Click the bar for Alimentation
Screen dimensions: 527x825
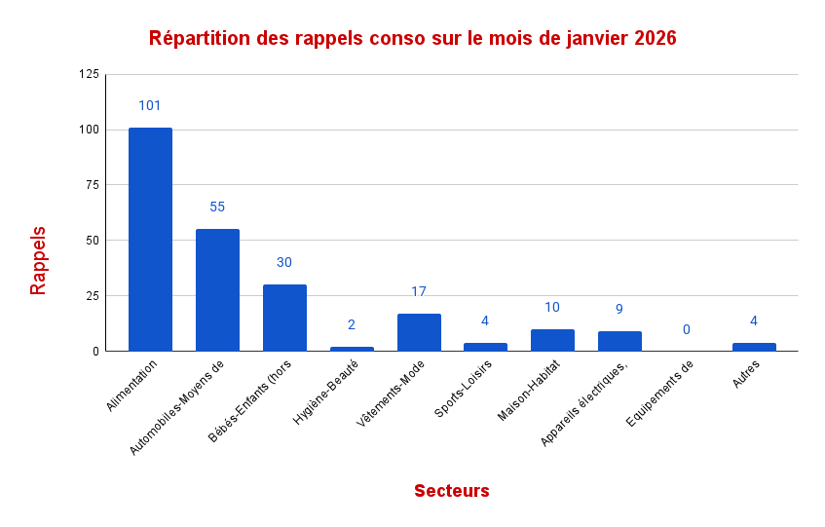click(x=150, y=239)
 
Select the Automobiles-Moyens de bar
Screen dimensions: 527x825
click(x=217, y=289)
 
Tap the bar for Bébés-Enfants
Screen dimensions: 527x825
click(x=284, y=318)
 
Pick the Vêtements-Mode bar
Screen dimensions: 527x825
click(x=419, y=332)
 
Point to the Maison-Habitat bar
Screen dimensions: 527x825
click(x=552, y=340)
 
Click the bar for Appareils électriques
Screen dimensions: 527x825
click(x=619, y=341)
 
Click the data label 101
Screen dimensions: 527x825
click(x=150, y=105)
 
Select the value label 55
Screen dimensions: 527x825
click(x=217, y=207)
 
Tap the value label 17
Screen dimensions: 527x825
click(x=419, y=291)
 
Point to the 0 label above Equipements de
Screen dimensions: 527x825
click(x=686, y=329)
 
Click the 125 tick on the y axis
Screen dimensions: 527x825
click(x=89, y=74)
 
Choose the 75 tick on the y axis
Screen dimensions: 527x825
click(x=92, y=185)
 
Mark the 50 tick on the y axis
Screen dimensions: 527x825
click(x=92, y=241)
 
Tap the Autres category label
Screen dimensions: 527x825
click(x=747, y=375)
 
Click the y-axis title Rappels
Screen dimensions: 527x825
click(x=38, y=261)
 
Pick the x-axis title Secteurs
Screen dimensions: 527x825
click(x=451, y=491)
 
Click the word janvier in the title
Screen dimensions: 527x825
click(x=593, y=39)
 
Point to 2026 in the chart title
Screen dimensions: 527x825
click(x=655, y=39)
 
